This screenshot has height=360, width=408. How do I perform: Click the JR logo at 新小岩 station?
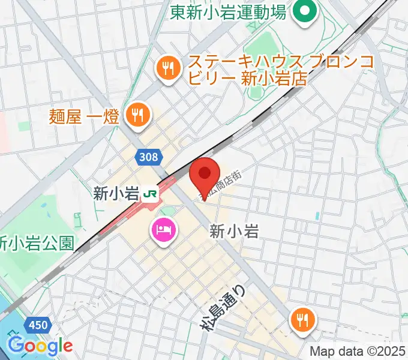click(151, 193)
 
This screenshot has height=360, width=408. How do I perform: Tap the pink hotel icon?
click(163, 230)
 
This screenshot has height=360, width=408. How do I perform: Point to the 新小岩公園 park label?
click(37, 242)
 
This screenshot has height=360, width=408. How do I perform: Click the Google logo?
click(40, 346)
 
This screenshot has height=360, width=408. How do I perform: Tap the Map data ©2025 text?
click(356, 351)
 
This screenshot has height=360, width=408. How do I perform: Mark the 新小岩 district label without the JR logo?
click(234, 231)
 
